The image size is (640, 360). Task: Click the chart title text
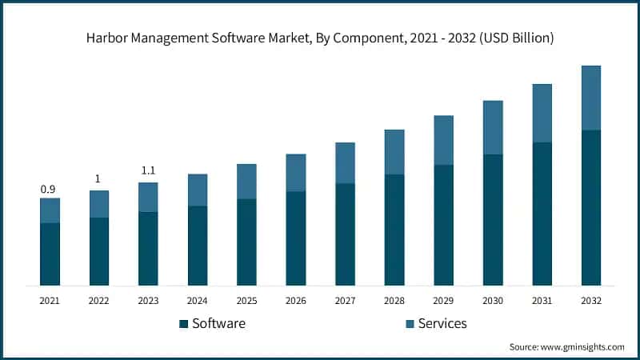pos(320,38)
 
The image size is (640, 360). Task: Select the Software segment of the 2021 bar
pos(50,254)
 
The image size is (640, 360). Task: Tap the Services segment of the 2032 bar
pos(591,98)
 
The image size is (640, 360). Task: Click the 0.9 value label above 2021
pos(48,190)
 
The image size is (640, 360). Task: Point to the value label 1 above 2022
pos(98,179)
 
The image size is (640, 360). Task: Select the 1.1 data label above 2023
pos(148,170)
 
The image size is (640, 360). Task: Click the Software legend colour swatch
pos(183,324)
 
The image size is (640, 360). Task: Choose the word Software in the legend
pos(218,324)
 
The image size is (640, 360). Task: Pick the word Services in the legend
pos(442,324)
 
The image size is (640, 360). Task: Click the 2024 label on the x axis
pos(198,301)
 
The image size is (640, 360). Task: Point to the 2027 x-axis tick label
pos(346,301)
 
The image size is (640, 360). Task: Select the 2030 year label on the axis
pos(493,301)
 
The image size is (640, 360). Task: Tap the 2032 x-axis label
pos(591,301)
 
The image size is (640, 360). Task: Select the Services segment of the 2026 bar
pos(296,173)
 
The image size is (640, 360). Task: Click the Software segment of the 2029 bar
pos(444,225)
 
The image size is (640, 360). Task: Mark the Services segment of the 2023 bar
pos(148,197)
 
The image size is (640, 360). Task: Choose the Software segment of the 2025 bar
pos(246,242)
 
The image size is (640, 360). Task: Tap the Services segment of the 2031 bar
pos(542,113)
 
